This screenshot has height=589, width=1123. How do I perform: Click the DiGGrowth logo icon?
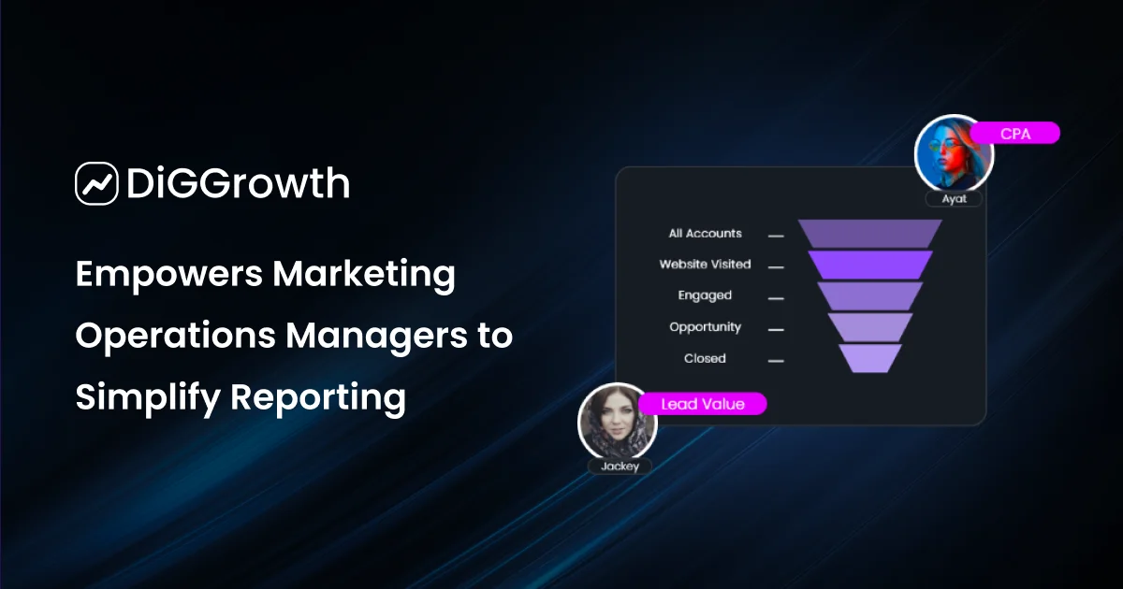[96, 183]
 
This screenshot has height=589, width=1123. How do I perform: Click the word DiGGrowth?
[237, 184]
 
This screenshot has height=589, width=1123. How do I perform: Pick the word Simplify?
[145, 397]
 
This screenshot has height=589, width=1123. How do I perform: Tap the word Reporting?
[318, 397]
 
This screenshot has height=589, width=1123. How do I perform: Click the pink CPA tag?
[1015, 134]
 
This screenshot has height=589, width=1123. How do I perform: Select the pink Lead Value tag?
[703, 404]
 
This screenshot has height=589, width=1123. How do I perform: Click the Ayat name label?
[954, 198]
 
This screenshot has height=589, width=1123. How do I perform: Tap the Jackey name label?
[619, 466]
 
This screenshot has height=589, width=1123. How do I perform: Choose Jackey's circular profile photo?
[618, 421]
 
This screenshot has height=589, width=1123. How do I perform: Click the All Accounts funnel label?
[705, 234]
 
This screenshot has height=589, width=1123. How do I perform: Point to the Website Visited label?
[705, 265]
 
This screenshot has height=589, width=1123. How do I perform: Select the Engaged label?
[705, 295]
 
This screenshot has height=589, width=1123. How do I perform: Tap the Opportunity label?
[705, 327]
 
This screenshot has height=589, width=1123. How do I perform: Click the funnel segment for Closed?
[869, 358]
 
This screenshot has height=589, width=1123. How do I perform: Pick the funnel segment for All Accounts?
[869, 234]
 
